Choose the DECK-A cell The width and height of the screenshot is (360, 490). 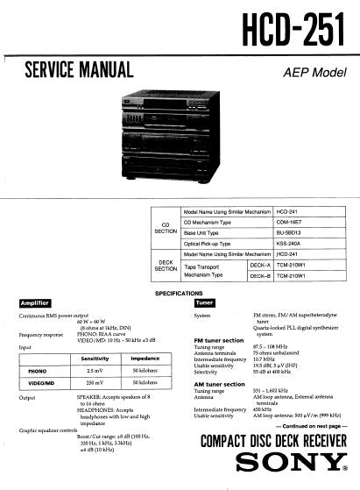(x=259, y=265)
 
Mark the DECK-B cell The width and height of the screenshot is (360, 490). (x=259, y=276)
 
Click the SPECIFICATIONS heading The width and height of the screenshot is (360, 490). (x=180, y=293)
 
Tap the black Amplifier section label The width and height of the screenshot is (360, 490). (x=40, y=303)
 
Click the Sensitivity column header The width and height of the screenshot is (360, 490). (x=95, y=359)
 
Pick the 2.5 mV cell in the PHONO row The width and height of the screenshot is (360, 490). (x=95, y=371)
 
